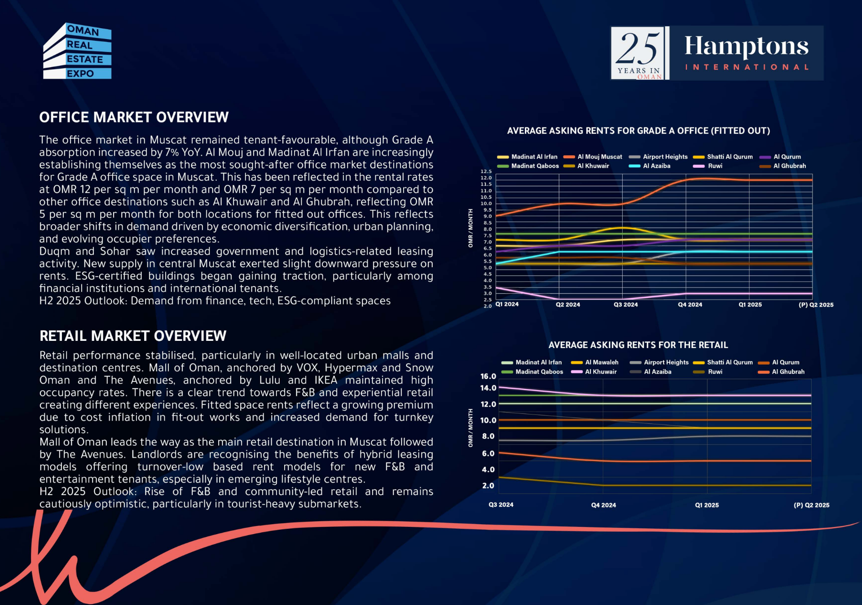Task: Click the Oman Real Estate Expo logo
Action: [77, 51]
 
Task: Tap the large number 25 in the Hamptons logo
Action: [639, 48]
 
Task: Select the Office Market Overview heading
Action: [134, 118]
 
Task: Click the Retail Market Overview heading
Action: [133, 336]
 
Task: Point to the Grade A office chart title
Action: [638, 131]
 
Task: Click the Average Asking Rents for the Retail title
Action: [638, 345]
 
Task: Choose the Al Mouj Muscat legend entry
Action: [593, 157]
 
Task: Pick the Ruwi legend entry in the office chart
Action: [708, 166]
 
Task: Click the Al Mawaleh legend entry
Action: [594, 362]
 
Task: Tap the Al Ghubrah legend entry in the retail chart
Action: [781, 372]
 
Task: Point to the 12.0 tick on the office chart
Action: [486, 178]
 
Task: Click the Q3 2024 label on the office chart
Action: [625, 305]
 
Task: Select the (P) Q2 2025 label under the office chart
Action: [816, 305]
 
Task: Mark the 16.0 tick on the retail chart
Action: [488, 376]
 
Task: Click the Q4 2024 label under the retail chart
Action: [603, 505]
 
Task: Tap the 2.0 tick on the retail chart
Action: [488, 486]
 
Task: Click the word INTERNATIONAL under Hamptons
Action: [747, 67]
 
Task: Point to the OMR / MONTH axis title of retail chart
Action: [471, 428]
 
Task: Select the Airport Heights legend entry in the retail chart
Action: [659, 362]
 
